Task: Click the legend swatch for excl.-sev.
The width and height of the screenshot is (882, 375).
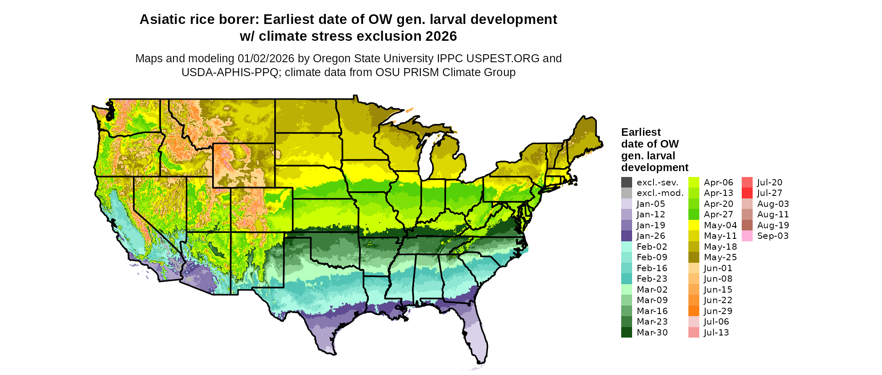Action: (626, 182)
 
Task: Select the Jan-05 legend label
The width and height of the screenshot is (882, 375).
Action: (651, 204)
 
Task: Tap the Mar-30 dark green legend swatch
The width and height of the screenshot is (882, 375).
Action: (626, 333)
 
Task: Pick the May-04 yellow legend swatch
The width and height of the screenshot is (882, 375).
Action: (694, 225)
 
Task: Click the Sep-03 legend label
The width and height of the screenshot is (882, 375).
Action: (773, 236)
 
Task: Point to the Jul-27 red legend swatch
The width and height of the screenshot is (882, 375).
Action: (747, 193)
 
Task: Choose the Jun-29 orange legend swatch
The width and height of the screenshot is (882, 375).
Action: (694, 311)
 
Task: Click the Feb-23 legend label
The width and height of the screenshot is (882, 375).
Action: (652, 279)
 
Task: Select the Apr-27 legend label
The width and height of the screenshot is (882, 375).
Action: (718, 214)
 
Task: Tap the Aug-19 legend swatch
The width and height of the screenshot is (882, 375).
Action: (747, 225)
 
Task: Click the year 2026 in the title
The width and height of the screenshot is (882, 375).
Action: (441, 37)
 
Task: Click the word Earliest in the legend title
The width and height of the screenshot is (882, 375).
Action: (640, 132)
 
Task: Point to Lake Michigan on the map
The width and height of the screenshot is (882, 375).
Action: (426, 158)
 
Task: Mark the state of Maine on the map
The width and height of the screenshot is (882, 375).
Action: (584, 135)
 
